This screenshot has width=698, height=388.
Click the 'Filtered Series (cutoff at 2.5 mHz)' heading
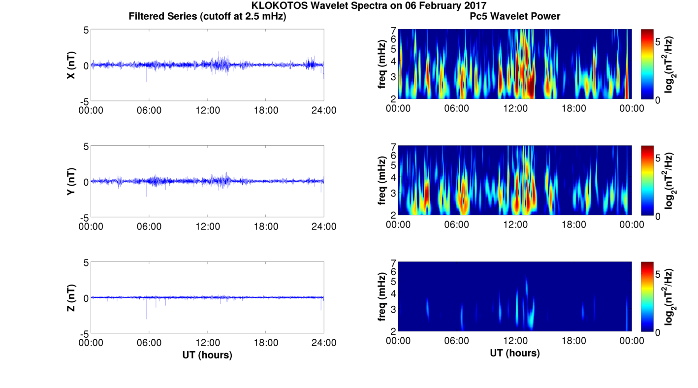tap(207, 16)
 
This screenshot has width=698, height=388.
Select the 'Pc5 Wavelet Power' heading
tap(515, 16)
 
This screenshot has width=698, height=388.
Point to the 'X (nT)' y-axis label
tap(71, 65)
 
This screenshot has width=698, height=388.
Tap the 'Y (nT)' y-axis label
tap(71, 182)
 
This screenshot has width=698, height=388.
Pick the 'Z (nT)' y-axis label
tap(71, 298)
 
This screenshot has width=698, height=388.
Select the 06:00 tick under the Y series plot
tap(149, 226)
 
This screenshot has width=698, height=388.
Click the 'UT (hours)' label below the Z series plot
tap(207, 355)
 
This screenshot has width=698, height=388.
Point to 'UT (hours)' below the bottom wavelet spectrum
tap(515, 353)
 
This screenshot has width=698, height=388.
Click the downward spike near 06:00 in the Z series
tap(146, 313)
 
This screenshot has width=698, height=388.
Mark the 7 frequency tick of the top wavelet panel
tap(393, 31)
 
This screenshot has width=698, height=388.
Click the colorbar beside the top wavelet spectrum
tap(647, 64)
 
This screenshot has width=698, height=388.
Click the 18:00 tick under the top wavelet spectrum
tap(573, 108)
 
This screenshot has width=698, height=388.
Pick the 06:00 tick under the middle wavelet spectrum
tap(457, 225)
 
